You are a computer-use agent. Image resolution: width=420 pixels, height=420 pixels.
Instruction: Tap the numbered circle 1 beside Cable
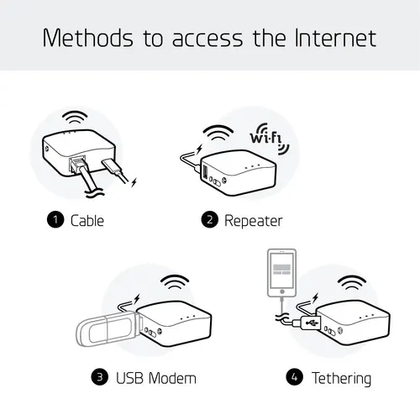tap(55, 221)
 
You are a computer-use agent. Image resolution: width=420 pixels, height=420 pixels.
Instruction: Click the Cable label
tap(87, 221)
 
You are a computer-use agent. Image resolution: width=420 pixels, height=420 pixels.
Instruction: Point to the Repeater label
tap(253, 221)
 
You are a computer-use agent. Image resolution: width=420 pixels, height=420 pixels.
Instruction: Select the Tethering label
tap(341, 378)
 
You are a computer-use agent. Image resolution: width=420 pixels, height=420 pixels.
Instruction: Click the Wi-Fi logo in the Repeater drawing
tap(268, 140)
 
